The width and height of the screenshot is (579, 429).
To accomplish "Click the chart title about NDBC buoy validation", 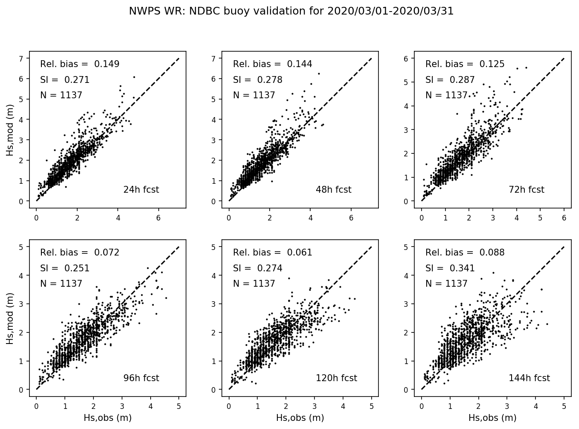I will [291, 11].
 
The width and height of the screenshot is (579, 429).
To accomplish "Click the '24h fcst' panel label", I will [141, 190].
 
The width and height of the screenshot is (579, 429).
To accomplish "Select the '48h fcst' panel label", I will [333, 190].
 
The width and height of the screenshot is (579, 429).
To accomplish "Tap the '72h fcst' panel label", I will [526, 190].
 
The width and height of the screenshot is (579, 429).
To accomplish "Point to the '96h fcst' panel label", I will [141, 378].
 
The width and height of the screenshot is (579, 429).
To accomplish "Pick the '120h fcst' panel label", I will [336, 378].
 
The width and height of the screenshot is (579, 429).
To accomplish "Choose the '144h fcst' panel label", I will [529, 378].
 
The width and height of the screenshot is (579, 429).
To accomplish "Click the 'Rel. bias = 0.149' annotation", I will [80, 64].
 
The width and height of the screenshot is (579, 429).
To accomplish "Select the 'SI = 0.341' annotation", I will [450, 268].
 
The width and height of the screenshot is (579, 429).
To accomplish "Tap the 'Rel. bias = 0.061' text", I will [273, 253].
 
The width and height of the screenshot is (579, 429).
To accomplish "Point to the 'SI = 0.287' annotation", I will [450, 80].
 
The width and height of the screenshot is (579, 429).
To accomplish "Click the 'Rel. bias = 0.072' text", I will [80, 253].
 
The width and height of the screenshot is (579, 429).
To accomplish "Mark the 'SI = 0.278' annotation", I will [257, 80].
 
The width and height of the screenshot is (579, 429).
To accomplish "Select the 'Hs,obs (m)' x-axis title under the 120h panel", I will [300, 418].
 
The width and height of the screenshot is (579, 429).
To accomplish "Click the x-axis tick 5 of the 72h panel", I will [540, 217].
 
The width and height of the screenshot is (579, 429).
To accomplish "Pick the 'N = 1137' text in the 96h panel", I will [61, 284].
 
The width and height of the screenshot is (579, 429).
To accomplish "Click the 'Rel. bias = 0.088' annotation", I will [465, 253].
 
